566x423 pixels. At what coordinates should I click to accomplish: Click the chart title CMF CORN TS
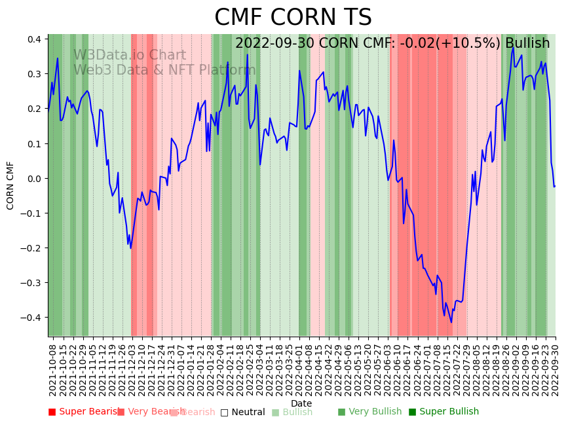pos(293,18)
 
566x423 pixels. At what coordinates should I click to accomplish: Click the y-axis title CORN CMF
pos(10,185)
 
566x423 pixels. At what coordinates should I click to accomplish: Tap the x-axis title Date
pos(301,403)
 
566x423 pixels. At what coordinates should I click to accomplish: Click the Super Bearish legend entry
pos(83,412)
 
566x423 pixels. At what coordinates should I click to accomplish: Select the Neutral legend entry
pos(242,412)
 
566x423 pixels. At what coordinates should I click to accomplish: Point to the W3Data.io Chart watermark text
pos(129,56)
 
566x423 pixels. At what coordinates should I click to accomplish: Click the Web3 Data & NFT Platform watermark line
pos(164,70)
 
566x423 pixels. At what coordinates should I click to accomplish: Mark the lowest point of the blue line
pos(451,322)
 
